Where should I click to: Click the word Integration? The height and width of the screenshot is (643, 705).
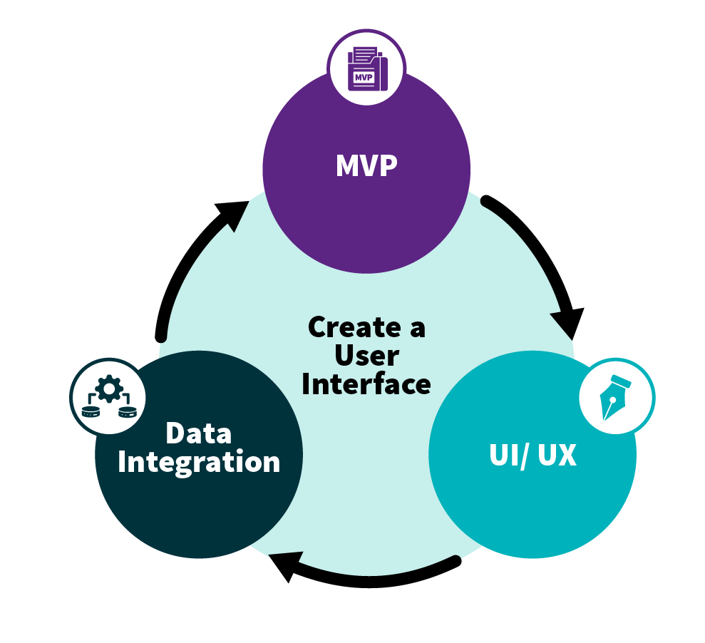tap(199, 462)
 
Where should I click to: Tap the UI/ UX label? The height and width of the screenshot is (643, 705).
tap(532, 456)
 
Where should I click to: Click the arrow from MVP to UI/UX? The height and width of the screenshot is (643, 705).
tap(542, 250)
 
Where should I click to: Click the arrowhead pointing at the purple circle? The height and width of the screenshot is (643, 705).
tap(232, 213)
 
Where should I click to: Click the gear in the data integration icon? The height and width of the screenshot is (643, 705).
tap(108, 389)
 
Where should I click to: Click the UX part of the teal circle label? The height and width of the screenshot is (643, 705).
tap(557, 456)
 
